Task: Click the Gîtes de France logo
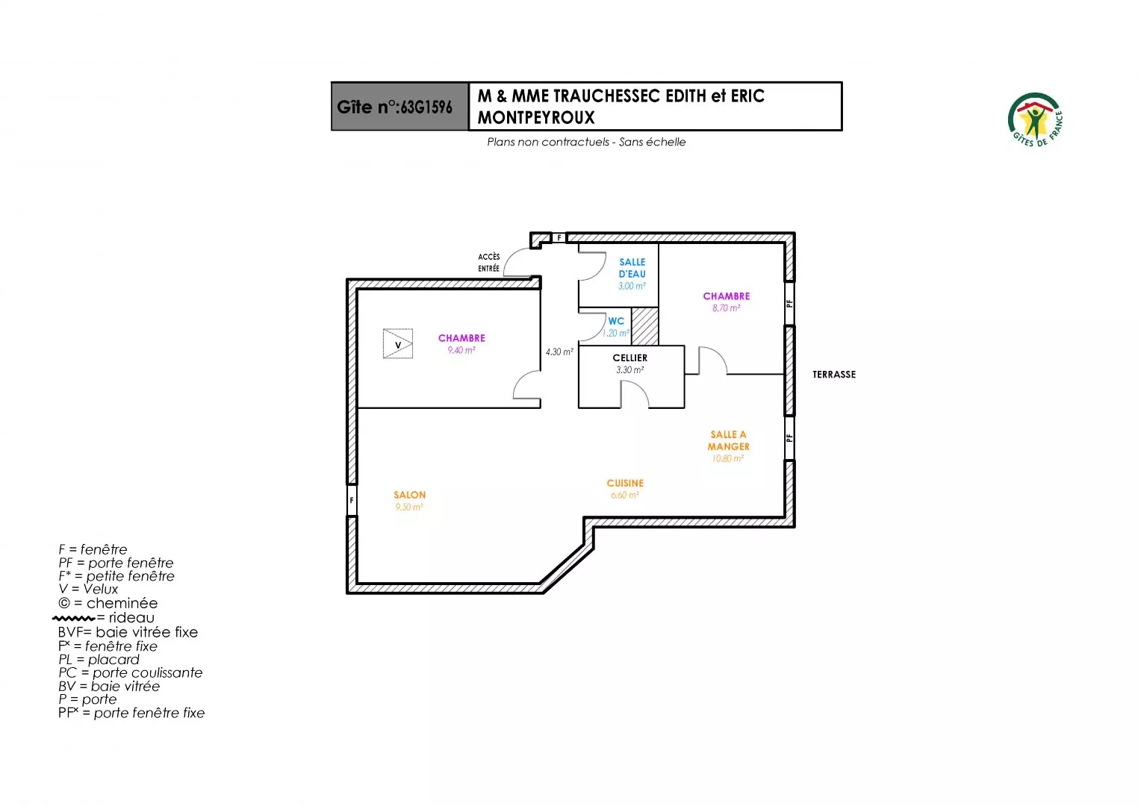(1036, 119)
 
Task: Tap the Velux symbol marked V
(398, 344)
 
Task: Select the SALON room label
(409, 495)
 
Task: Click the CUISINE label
(625, 483)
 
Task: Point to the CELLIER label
(629, 357)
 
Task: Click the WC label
(616, 321)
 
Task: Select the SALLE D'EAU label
(632, 268)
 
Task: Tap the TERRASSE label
(834, 375)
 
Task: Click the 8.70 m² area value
(726, 308)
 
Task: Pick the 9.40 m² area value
(461, 350)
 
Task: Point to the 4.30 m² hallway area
(559, 352)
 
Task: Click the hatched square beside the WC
(645, 326)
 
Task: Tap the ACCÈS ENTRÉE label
(489, 263)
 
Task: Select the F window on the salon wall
(352, 500)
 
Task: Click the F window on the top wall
(559, 238)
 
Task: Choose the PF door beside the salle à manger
(789, 437)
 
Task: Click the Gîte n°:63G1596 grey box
(399, 107)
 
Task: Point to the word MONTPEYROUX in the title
(536, 117)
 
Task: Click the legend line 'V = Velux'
(88, 590)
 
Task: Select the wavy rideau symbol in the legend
(74, 618)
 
